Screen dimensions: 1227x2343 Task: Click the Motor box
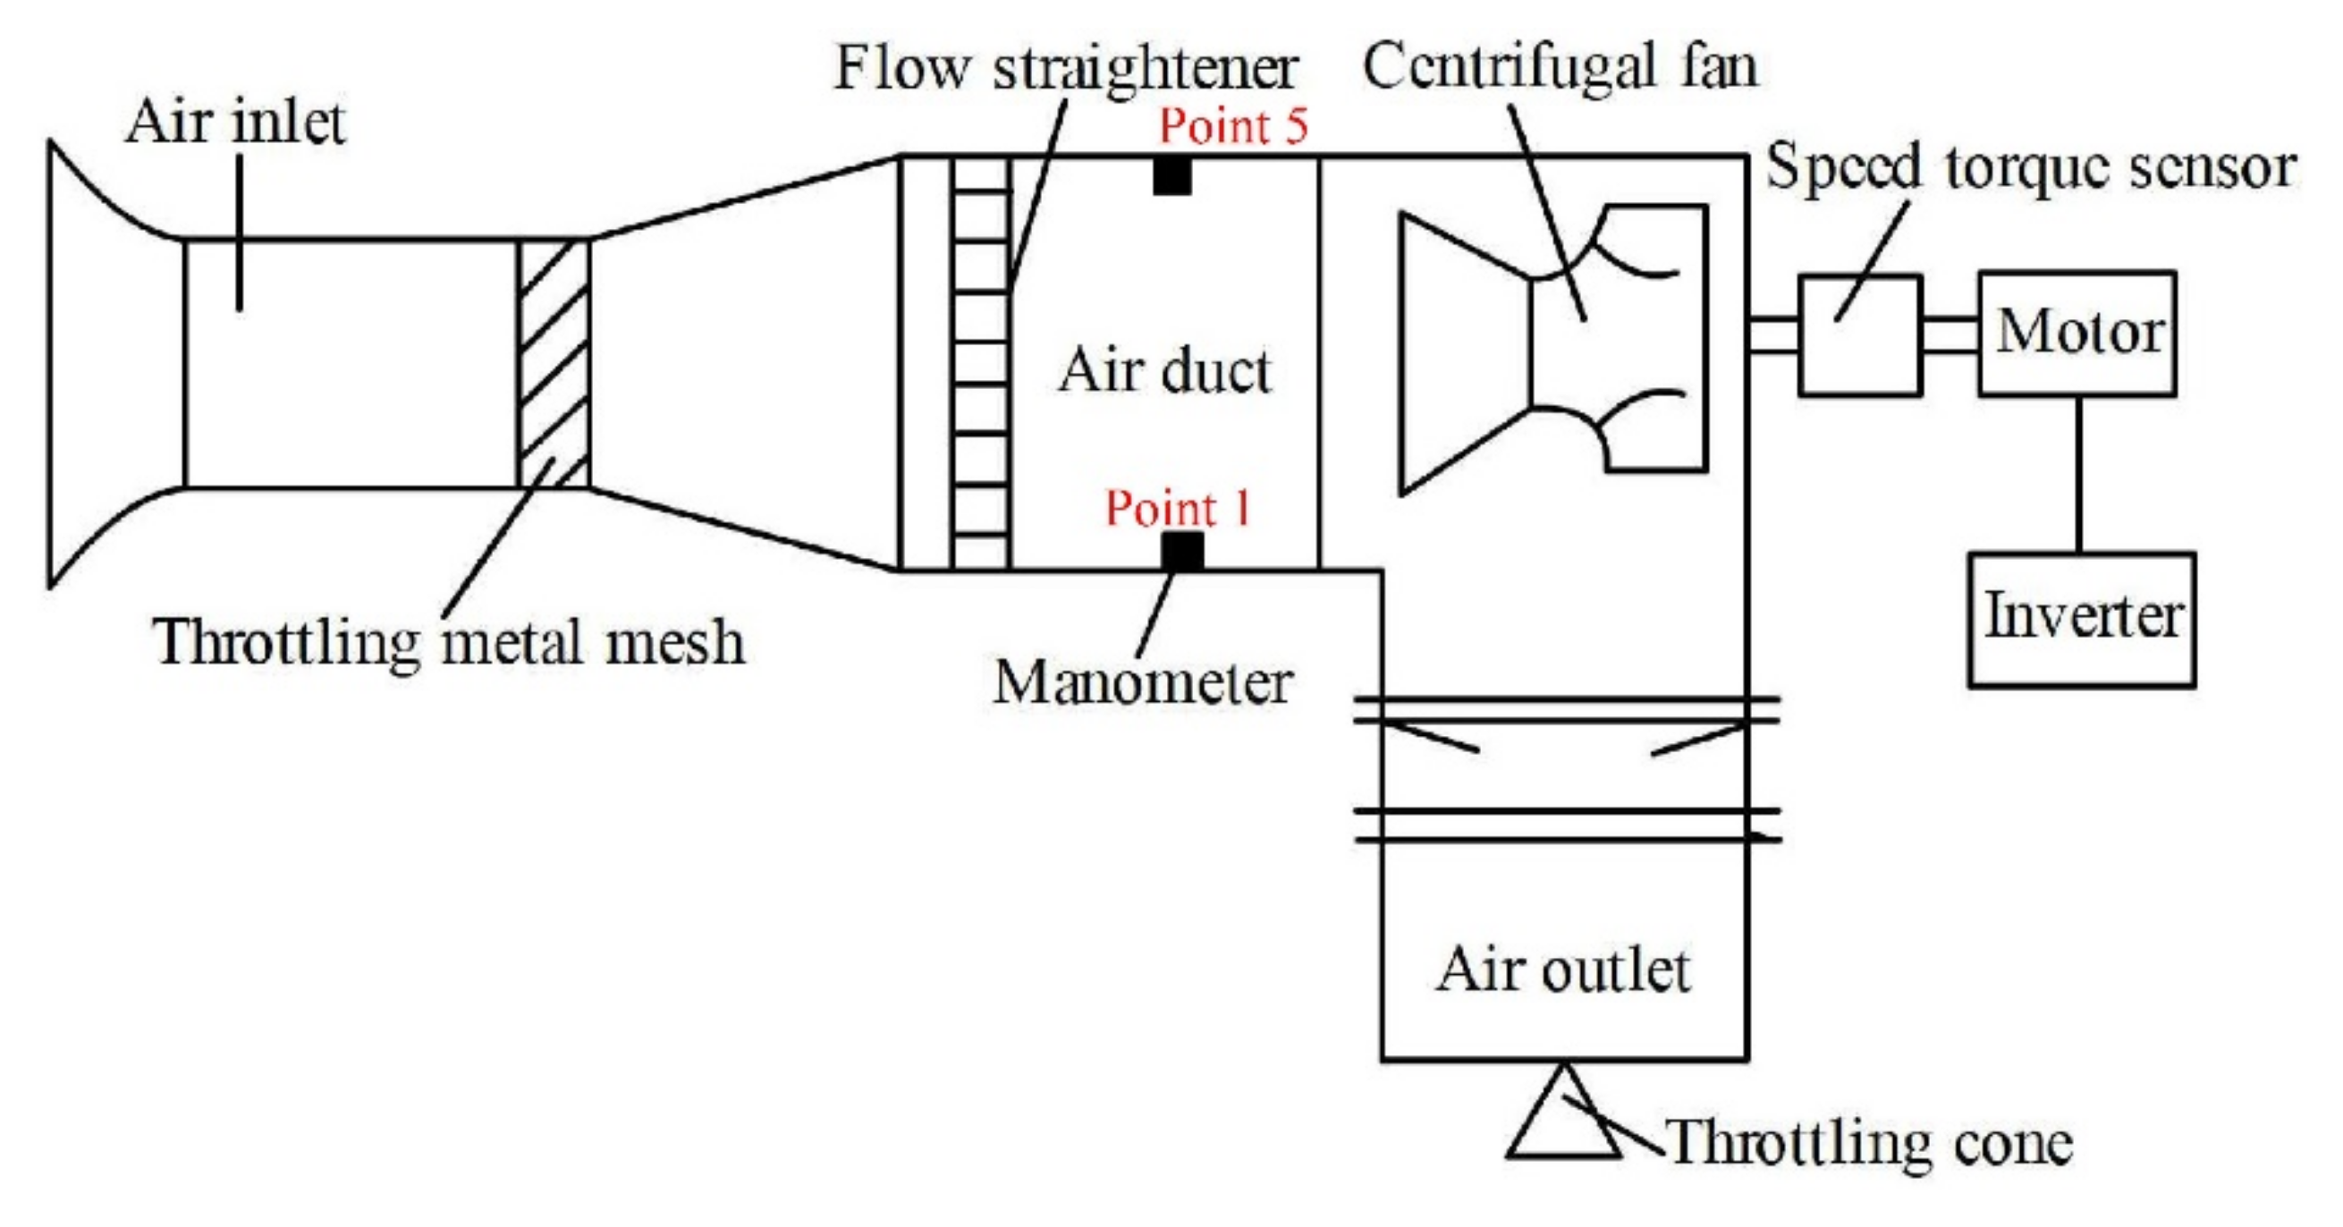(2077, 333)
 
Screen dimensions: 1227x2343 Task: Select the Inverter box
(2081, 619)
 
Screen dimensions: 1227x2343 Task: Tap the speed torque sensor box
(1860, 334)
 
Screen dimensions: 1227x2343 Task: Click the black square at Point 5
(1172, 175)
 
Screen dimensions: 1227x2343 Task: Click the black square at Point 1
(1182, 551)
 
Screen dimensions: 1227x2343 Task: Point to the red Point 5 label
(1232, 125)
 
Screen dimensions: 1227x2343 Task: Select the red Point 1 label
(1178, 508)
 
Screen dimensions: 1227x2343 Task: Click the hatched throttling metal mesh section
(554, 364)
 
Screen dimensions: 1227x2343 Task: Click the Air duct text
(1164, 371)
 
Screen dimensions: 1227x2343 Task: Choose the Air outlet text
(1562, 969)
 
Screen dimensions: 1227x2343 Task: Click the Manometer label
(1142, 682)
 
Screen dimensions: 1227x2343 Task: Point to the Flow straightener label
(1066, 67)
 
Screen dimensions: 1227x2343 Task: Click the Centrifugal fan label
(1560, 65)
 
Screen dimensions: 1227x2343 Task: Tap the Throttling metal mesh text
(449, 642)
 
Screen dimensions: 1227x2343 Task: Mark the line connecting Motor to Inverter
(2078, 473)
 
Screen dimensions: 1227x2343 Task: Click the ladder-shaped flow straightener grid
(981, 364)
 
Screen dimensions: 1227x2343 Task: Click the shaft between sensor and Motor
(1950, 334)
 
